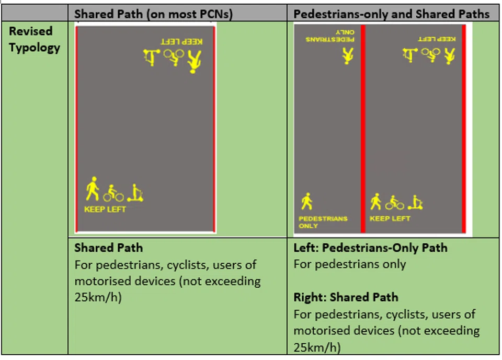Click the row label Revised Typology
pyautogui.click(x=35, y=39)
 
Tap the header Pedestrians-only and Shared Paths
pyautogui.click(x=392, y=14)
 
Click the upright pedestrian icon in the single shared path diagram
pyautogui.click(x=93, y=189)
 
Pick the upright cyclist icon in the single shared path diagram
pyautogui.click(x=113, y=194)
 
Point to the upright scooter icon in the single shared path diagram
pyautogui.click(x=135, y=193)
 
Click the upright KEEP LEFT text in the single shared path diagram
pyautogui.click(x=105, y=209)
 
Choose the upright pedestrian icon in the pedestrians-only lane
pyautogui.click(x=306, y=201)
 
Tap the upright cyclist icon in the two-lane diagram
pyautogui.click(x=394, y=203)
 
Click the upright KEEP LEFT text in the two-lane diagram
pyautogui.click(x=390, y=219)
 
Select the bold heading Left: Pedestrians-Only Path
pyautogui.click(x=370, y=248)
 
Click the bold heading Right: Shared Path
pyautogui.click(x=346, y=297)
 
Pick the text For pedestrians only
pyautogui.click(x=349, y=264)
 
